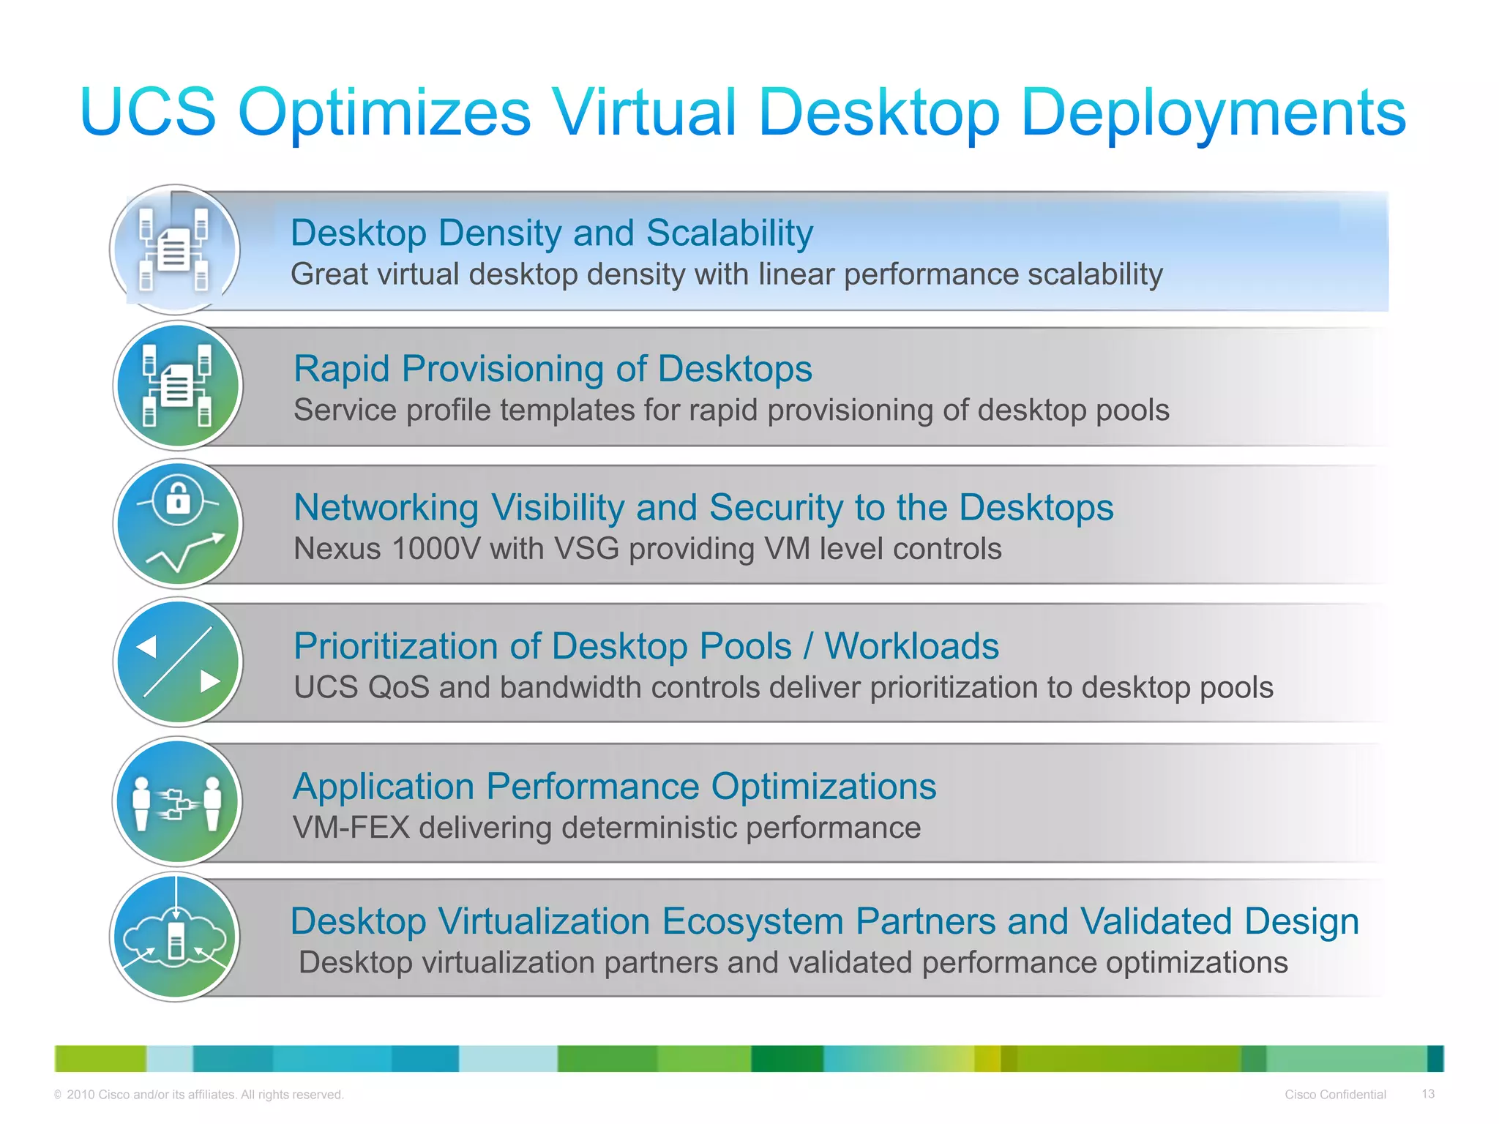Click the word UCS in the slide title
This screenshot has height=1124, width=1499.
149,113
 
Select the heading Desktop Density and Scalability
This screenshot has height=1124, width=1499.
551,233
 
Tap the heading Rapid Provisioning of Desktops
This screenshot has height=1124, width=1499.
553,369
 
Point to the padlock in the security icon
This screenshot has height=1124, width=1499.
178,499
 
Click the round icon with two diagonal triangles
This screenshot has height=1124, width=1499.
178,662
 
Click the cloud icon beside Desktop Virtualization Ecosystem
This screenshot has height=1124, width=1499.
176,937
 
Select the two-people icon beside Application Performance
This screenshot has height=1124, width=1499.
178,802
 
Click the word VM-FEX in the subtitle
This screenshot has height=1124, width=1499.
351,828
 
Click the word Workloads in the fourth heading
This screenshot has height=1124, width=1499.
911,647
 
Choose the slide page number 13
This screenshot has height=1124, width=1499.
1427,1094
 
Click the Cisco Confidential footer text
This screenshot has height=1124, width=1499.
1335,1095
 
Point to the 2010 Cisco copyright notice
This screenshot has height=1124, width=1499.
198,1095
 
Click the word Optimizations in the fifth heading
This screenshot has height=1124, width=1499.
823,787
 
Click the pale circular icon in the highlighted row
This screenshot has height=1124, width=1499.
176,250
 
